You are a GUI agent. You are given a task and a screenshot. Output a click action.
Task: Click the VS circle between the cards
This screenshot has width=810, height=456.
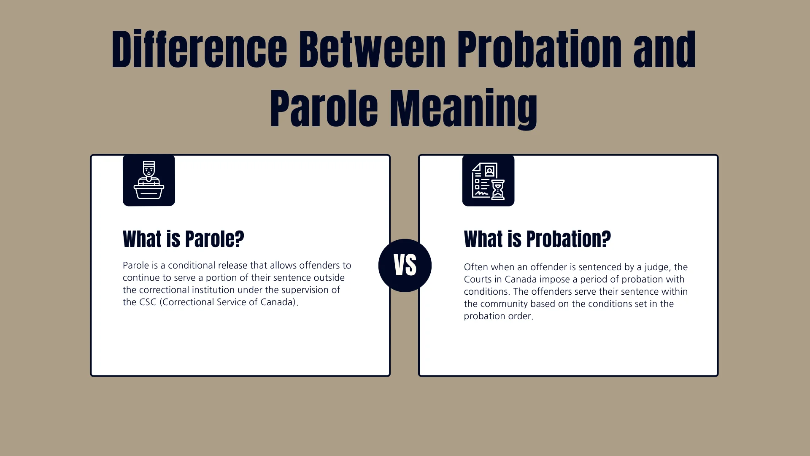click(x=405, y=266)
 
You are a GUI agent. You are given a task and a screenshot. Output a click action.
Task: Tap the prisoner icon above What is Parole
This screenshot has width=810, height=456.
click(x=149, y=180)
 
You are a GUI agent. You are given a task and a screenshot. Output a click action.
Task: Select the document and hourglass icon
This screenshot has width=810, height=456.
click(x=488, y=180)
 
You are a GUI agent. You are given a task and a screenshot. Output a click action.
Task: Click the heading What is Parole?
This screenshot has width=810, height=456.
click(x=184, y=239)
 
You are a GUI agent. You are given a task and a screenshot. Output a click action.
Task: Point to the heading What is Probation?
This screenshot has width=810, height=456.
click(x=537, y=239)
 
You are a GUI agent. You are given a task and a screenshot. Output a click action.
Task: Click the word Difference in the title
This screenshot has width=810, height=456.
click(x=199, y=50)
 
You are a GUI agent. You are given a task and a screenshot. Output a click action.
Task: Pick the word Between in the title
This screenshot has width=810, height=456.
click(x=372, y=50)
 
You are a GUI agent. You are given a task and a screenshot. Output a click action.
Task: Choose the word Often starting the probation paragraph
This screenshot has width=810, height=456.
click(x=475, y=267)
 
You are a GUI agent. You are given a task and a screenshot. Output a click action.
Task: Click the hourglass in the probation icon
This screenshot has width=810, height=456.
click(x=498, y=190)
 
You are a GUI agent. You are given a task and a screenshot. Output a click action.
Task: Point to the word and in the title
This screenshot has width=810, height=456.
click(x=664, y=50)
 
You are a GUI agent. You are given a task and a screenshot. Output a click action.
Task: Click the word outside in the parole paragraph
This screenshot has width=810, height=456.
click(x=329, y=278)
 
